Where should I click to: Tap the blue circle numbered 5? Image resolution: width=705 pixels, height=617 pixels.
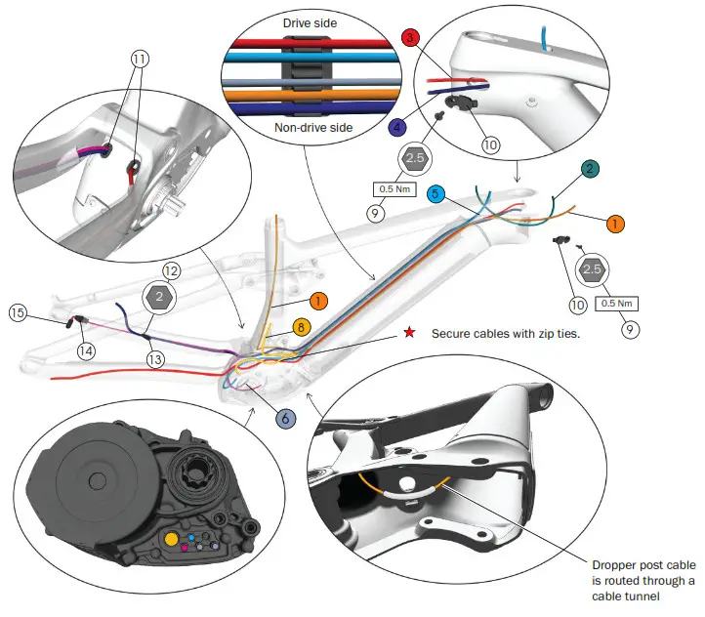436,193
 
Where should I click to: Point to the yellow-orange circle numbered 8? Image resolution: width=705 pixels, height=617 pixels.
303,328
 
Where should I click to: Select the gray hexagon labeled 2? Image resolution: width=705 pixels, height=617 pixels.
159,294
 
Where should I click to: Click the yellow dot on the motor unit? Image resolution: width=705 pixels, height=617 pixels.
172,538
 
